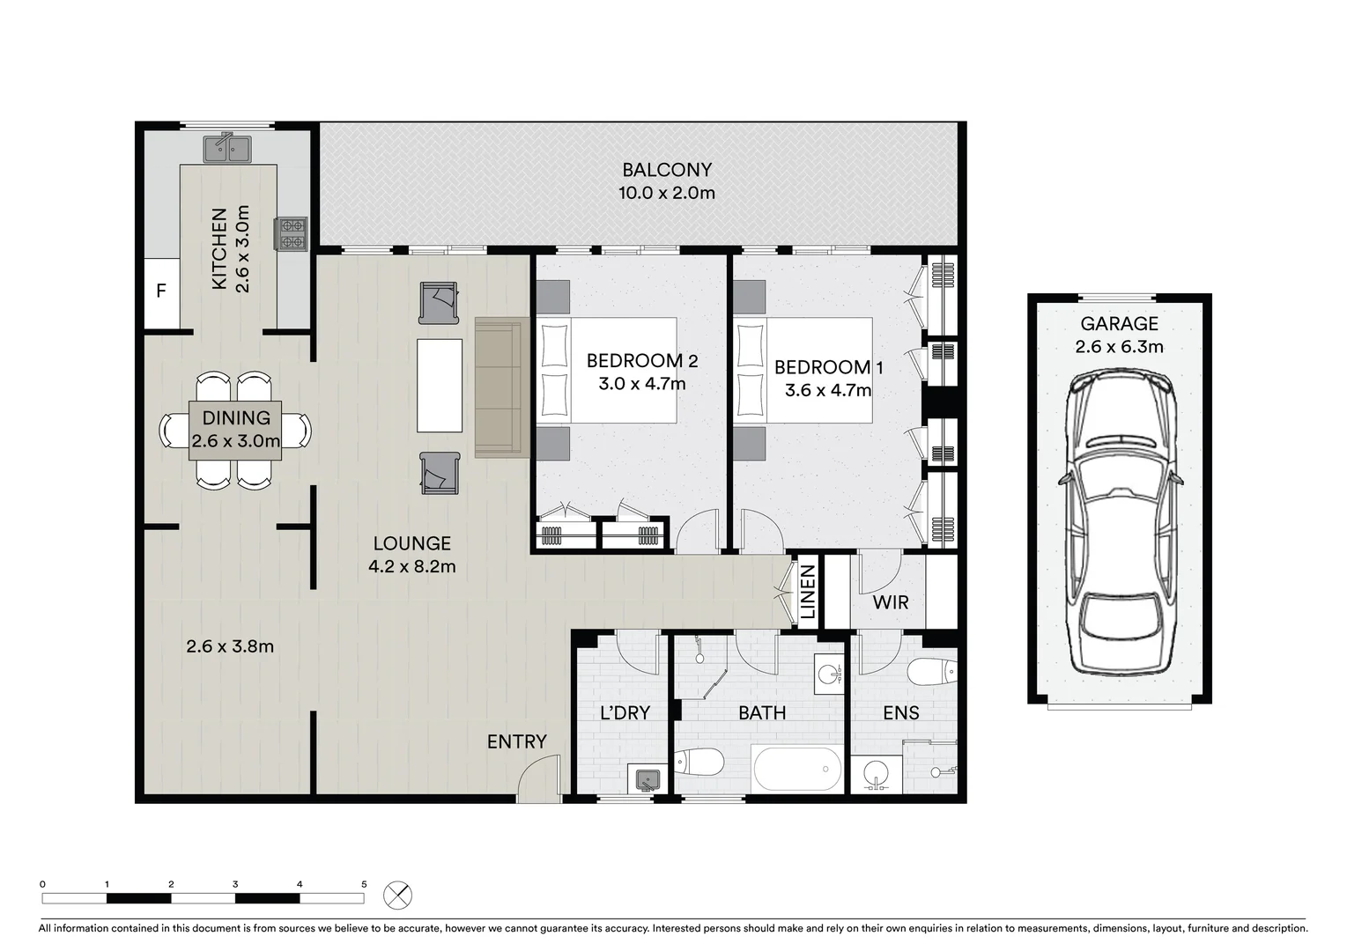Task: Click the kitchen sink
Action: point(227,149)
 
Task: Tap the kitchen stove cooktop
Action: point(291,234)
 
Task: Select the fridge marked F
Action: point(161,291)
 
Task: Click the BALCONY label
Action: point(666,170)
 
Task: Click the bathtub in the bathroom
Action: point(797,768)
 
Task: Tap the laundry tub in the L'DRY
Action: point(648,779)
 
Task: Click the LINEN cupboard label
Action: point(808,593)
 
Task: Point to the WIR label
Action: point(890,603)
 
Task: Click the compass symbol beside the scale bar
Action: point(397,896)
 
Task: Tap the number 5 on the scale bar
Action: point(364,884)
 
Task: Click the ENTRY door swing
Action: point(539,782)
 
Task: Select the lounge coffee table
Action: point(440,385)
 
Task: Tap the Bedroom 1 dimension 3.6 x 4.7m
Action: point(827,390)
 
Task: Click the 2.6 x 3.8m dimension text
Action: point(230,646)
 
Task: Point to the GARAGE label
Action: point(1119,324)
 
